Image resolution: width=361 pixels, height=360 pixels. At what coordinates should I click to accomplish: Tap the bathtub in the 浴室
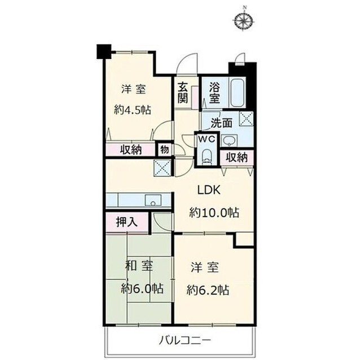(x=237, y=93)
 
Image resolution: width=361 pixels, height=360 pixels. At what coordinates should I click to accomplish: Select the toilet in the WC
(x=206, y=156)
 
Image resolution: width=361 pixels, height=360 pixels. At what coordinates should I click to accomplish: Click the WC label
(x=207, y=139)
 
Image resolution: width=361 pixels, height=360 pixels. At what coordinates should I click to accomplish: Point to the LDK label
(x=209, y=190)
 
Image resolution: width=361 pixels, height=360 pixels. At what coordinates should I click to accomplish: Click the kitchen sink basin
(x=153, y=200)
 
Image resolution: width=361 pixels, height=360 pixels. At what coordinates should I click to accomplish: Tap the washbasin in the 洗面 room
(x=229, y=140)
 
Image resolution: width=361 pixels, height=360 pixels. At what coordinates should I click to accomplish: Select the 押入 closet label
(x=127, y=222)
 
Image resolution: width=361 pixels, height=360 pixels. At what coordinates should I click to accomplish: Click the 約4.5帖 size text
(x=133, y=110)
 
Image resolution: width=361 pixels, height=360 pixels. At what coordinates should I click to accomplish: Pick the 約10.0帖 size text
(x=214, y=212)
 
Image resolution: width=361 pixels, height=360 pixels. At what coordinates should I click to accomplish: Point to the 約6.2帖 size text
(x=208, y=290)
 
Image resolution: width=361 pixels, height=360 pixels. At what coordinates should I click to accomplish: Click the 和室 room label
(x=139, y=266)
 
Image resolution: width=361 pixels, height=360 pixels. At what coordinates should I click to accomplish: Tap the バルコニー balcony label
(x=185, y=340)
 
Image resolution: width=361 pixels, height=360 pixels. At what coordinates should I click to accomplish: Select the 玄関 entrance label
(x=183, y=92)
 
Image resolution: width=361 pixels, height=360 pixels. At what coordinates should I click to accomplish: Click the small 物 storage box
(x=165, y=150)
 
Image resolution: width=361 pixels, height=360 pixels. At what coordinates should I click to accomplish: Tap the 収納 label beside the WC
(x=237, y=158)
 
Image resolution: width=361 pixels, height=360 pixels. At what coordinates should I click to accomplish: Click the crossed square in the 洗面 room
(x=246, y=119)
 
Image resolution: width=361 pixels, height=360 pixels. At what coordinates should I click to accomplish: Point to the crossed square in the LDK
(x=162, y=168)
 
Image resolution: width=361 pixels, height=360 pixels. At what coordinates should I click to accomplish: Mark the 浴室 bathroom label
(x=214, y=92)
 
